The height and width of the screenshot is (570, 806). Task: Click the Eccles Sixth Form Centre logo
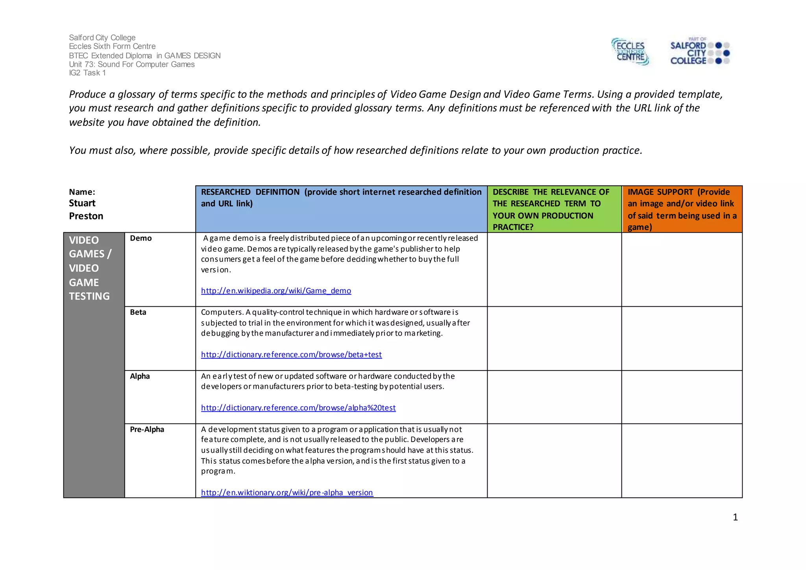click(x=630, y=52)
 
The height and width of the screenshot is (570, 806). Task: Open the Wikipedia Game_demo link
click(x=276, y=291)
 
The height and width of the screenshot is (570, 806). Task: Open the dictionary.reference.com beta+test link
click(x=291, y=355)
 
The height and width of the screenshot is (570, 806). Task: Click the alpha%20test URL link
click(x=298, y=408)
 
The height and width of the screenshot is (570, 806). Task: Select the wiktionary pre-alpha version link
click(x=287, y=492)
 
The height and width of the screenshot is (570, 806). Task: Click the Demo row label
click(x=140, y=238)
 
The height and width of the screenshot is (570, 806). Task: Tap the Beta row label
click(x=138, y=312)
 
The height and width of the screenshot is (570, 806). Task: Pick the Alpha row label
click(x=140, y=376)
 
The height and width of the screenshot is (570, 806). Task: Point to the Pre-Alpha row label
click(x=147, y=429)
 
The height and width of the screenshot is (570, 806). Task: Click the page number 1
click(x=735, y=517)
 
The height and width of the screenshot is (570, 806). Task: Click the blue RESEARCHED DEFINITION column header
click(x=341, y=198)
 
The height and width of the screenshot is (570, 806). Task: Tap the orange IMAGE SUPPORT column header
click(x=682, y=209)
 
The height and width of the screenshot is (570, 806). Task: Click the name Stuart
click(x=82, y=203)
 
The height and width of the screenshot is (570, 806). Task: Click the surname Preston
click(x=86, y=216)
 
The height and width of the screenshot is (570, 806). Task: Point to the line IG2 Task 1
click(x=87, y=73)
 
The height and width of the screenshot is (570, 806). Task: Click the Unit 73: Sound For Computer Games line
click(x=131, y=64)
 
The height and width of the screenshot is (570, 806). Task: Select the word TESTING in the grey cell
click(x=89, y=296)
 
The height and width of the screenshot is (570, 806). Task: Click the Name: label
click(x=82, y=192)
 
